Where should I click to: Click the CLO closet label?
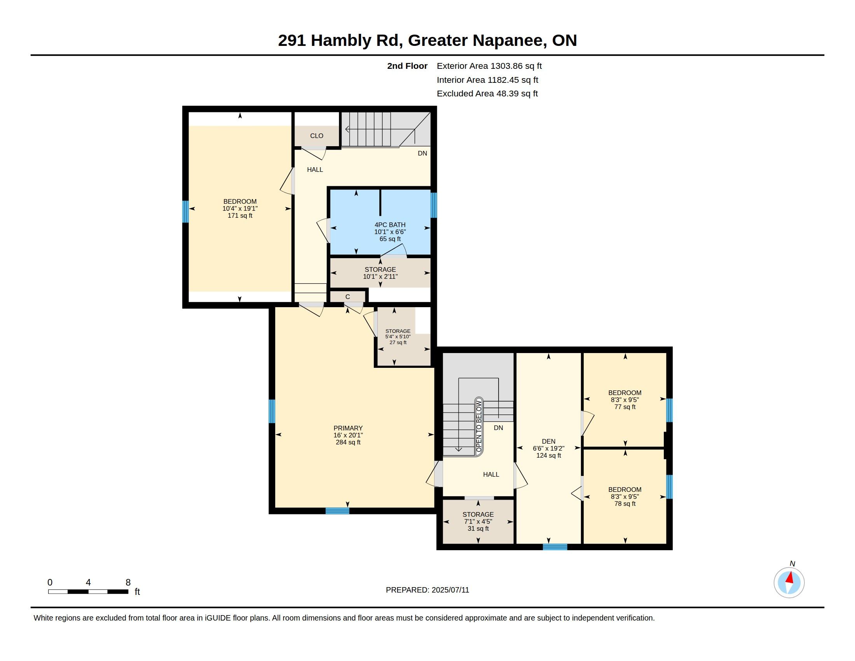coord(317,136)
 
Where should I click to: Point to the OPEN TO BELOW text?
coord(479,427)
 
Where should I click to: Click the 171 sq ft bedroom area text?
coord(240,215)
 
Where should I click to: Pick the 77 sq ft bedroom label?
coord(625,400)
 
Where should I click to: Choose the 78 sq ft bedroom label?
coord(625,497)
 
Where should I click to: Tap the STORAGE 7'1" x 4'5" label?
coord(478,521)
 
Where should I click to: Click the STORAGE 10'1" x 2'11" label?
coord(380,273)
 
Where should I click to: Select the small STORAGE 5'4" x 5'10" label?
coord(398,337)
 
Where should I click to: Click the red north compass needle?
coord(790,577)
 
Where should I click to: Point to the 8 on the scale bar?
coord(128,582)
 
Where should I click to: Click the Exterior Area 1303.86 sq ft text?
coord(489,66)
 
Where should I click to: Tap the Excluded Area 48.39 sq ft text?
coord(487,94)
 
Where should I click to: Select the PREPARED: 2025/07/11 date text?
coord(427,590)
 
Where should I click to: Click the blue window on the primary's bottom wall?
coord(337,511)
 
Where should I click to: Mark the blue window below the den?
coord(555,547)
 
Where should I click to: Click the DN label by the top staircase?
coord(422,153)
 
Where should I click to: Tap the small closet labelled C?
coord(348,297)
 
